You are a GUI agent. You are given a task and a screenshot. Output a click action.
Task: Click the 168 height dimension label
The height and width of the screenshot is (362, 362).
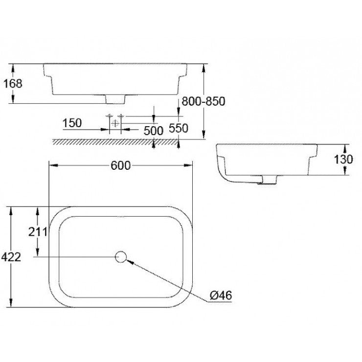pos(12,83)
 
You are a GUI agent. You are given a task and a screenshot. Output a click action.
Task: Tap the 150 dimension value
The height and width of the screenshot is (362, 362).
pos(72,123)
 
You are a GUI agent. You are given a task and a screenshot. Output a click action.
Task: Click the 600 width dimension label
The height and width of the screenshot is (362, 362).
pos(120,165)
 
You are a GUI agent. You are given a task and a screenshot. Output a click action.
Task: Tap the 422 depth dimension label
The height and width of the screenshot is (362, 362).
pos(11,257)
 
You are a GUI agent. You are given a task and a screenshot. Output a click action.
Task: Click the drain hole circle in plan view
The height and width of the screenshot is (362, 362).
pos(120,256)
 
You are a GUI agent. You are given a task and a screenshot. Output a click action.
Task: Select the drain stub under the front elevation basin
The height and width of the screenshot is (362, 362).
pos(116,99)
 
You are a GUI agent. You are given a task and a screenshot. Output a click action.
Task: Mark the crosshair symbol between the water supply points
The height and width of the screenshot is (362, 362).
pos(115,123)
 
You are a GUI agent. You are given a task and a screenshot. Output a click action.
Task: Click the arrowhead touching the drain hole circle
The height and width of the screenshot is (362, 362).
pos(129,261)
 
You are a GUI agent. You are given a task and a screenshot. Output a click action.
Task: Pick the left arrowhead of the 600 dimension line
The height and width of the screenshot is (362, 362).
pos(50,165)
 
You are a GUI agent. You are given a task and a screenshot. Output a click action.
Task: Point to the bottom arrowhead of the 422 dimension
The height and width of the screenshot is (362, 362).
pos(11,305)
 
